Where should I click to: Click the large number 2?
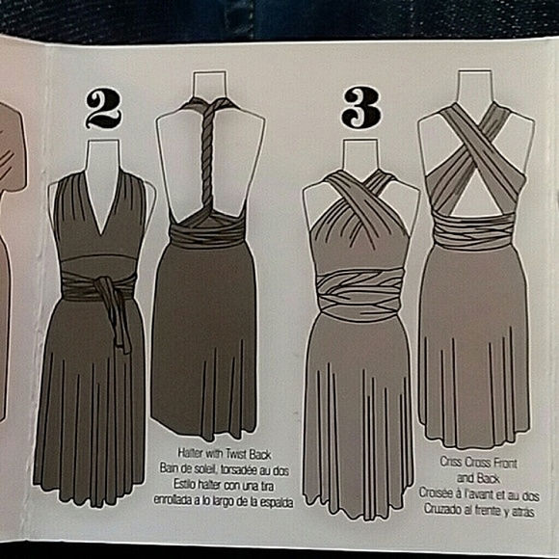coord(103,108)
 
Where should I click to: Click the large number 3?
coord(360,108)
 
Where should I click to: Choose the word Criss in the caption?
coord(450,462)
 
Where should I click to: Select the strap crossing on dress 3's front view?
coord(359,198)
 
